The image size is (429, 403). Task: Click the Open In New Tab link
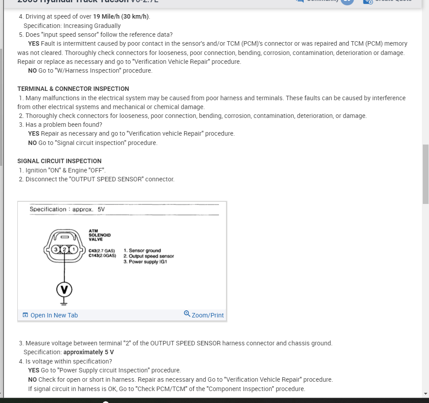point(54,315)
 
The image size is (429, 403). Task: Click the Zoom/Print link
point(207,315)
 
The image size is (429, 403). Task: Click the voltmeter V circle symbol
point(64,290)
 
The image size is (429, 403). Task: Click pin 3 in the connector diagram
point(56,249)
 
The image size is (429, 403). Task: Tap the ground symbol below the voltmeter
point(64,302)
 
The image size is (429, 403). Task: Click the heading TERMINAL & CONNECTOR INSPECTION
point(73,89)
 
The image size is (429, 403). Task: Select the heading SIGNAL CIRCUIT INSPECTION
point(59,161)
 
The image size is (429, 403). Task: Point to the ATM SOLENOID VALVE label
point(100,235)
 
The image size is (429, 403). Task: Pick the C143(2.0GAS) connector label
point(102,256)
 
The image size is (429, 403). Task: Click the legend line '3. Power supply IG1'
point(145,262)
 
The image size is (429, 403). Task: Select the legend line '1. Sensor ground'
point(142,251)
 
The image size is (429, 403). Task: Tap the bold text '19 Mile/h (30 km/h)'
point(121,16)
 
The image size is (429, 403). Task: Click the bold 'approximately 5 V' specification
point(88,352)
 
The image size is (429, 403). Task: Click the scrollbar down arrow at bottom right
point(425,393)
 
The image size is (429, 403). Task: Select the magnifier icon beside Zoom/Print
point(187,314)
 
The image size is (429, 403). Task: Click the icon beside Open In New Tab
point(25,315)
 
